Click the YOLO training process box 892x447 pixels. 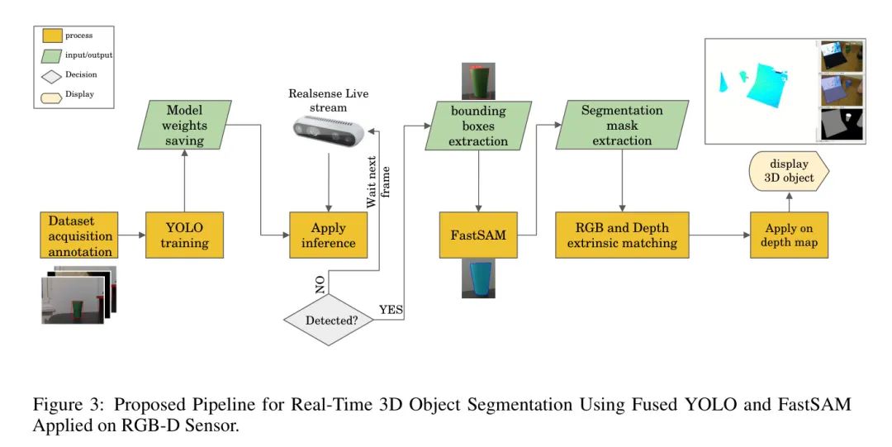(184, 235)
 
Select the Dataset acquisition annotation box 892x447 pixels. (79, 235)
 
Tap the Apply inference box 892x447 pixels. (328, 235)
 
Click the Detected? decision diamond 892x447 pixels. (328, 318)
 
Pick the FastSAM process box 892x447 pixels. (478, 235)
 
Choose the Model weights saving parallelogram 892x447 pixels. (184, 125)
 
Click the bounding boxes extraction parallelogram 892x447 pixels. (478, 125)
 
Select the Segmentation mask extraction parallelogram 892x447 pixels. (622, 125)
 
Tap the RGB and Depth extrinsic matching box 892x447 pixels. (622, 235)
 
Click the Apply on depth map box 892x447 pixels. (789, 235)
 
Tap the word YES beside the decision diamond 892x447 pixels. (391, 310)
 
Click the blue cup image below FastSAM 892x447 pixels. (478, 280)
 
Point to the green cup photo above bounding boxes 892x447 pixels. (478, 81)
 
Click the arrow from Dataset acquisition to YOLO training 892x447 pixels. (131, 235)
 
